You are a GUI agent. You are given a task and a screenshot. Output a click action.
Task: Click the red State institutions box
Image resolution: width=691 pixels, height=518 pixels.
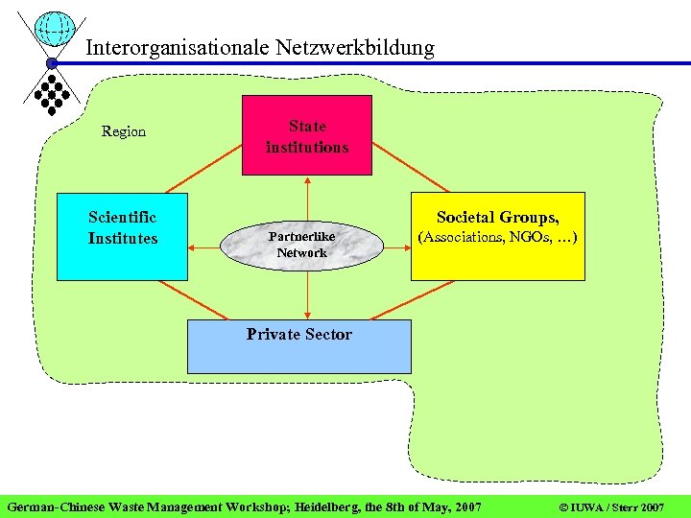(x=306, y=135)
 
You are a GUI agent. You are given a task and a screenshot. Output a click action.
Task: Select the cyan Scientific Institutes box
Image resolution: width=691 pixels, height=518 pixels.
(x=121, y=237)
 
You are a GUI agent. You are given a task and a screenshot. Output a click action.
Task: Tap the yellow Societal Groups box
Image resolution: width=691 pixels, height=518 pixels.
(x=497, y=237)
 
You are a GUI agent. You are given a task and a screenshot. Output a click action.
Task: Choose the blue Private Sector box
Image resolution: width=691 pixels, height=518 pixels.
(x=298, y=346)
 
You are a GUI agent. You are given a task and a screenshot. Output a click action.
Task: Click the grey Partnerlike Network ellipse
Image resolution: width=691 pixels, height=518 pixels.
(x=301, y=246)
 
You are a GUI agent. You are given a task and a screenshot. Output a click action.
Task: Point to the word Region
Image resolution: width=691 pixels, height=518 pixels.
(x=124, y=131)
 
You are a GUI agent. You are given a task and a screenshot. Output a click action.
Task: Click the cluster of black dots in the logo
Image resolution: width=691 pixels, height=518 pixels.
(x=50, y=93)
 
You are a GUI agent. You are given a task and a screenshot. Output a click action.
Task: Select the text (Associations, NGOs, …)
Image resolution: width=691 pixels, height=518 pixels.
(x=497, y=236)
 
